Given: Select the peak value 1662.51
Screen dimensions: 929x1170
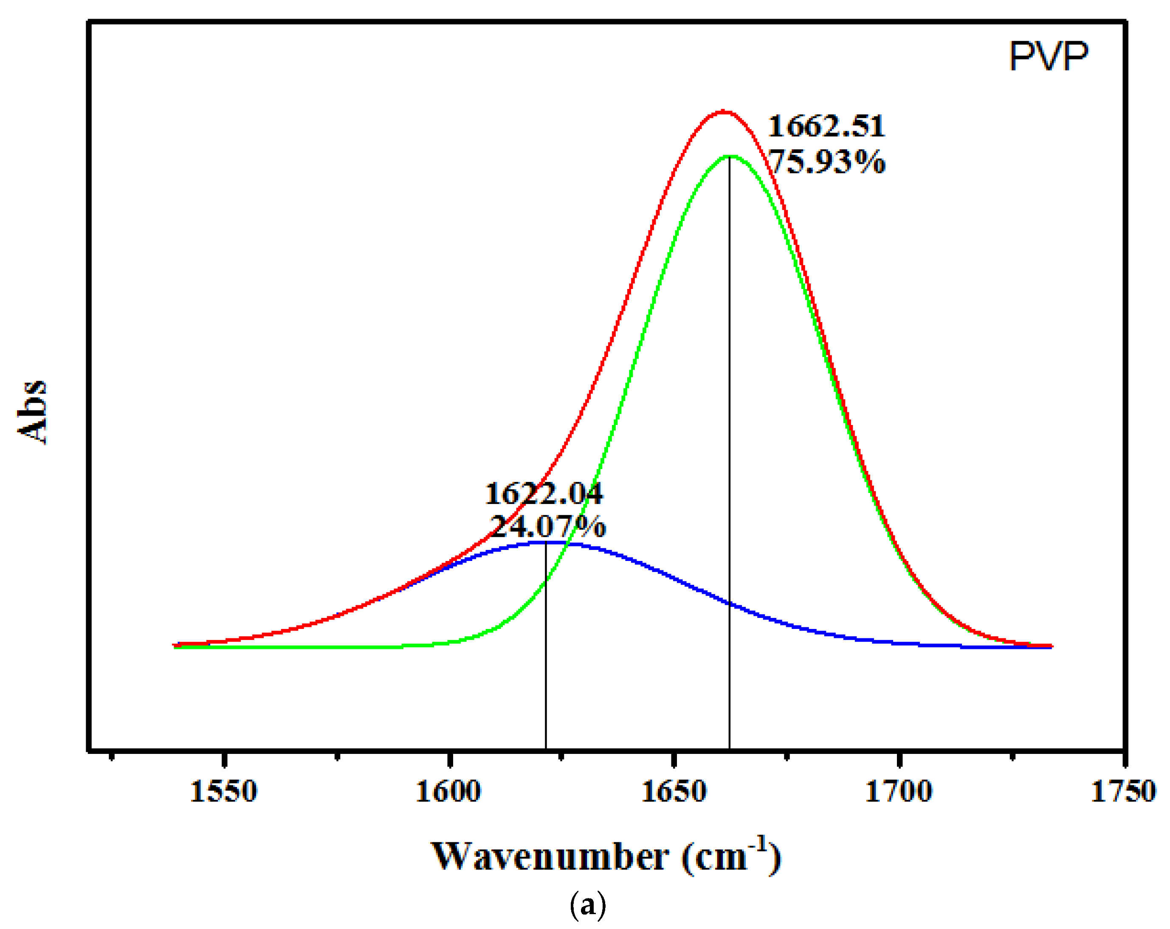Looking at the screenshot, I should click(826, 127).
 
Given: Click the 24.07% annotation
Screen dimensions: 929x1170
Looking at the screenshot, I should click(547, 526).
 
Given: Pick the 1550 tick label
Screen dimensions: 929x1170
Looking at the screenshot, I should click(223, 792).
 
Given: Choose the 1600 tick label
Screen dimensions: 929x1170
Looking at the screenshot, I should click(448, 792).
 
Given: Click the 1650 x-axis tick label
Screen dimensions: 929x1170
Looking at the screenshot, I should click(674, 792).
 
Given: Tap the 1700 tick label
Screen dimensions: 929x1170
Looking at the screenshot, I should click(899, 792).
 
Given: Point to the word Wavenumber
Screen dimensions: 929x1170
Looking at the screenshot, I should click(549, 857).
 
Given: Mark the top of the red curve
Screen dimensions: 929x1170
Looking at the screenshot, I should click(723, 112).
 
